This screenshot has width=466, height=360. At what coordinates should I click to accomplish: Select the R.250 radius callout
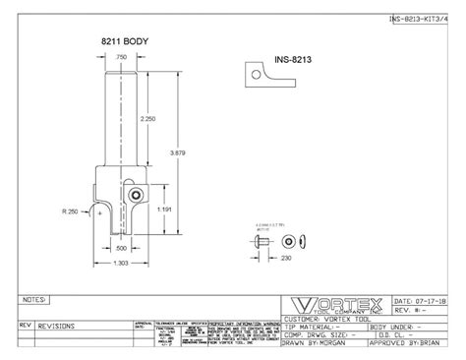[x=69, y=211]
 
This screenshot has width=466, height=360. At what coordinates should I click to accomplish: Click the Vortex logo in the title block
[x=334, y=304]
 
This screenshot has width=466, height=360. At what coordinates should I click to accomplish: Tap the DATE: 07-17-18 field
[x=416, y=299]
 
